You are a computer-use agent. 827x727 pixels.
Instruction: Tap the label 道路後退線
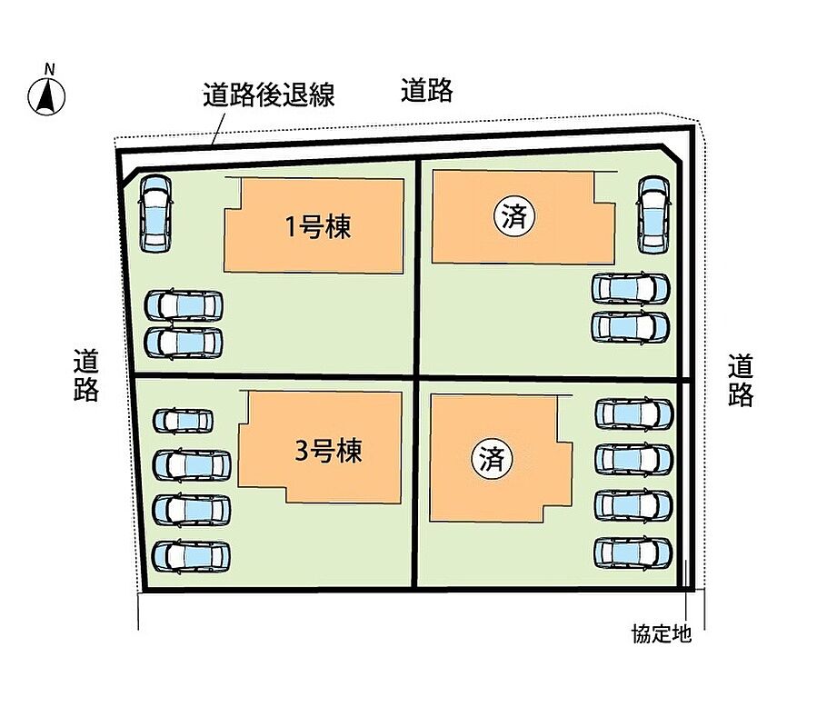(269, 95)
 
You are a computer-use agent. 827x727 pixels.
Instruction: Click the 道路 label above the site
(426, 90)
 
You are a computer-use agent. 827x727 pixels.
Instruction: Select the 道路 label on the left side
(86, 376)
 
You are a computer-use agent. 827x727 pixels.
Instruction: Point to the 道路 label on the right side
(740, 380)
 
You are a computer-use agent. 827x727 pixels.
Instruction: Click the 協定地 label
(662, 633)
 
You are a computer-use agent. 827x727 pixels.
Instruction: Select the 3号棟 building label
(329, 450)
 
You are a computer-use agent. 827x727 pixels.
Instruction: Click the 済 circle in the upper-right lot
(513, 216)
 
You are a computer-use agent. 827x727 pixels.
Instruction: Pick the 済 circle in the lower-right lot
(492, 457)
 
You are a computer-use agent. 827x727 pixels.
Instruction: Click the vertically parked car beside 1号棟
(154, 213)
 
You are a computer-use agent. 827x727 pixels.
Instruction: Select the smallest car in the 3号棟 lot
(183, 421)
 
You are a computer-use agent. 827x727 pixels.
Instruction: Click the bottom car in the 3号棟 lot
(191, 554)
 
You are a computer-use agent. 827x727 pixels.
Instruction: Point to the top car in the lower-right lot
(633, 414)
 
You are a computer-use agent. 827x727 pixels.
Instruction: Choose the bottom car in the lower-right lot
(633, 552)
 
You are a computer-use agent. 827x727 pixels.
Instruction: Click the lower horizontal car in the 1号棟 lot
(184, 342)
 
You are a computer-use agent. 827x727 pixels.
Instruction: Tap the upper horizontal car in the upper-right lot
(631, 288)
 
